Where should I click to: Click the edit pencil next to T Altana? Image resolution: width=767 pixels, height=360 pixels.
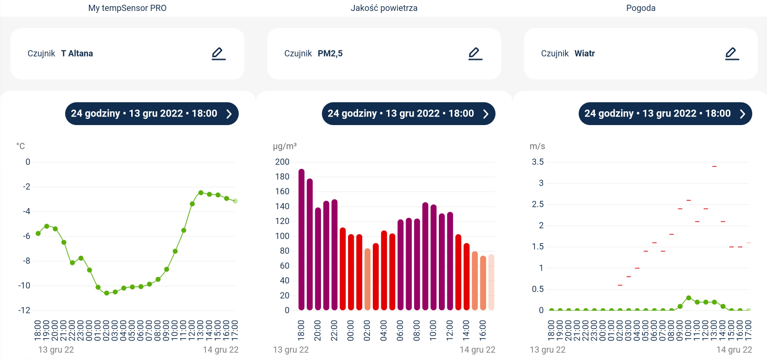[x=218, y=54]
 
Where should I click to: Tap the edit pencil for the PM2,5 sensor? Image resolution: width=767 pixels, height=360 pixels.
[x=475, y=54]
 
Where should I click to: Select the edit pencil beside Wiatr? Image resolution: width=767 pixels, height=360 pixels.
[x=732, y=54]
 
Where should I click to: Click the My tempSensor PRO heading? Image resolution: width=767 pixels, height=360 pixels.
[x=127, y=8]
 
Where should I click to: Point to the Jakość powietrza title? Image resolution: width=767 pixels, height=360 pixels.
[x=384, y=8]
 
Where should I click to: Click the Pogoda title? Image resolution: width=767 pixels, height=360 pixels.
[x=641, y=8]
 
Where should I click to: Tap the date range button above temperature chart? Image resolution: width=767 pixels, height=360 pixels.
[x=152, y=114]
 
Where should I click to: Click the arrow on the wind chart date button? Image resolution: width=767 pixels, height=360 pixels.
[x=742, y=114]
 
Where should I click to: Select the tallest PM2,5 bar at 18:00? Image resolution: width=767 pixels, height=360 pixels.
[x=301, y=239]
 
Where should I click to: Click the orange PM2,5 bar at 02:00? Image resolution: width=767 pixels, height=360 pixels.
[x=368, y=279]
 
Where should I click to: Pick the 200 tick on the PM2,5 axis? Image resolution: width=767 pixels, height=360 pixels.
[x=282, y=162]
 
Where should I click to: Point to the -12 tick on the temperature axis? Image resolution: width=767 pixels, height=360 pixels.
[x=24, y=311]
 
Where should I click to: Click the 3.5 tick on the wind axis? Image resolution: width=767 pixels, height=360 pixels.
[x=538, y=162]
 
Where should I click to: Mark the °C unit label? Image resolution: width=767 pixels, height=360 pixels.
[x=20, y=146]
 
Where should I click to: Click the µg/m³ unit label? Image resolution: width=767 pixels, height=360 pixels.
[x=285, y=146]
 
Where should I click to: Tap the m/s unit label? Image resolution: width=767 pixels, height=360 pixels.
[x=537, y=146]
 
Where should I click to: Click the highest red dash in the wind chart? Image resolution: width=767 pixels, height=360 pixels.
[x=714, y=166]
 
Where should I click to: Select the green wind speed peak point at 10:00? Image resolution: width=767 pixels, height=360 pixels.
[x=689, y=298]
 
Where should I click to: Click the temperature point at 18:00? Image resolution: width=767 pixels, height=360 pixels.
[x=38, y=234]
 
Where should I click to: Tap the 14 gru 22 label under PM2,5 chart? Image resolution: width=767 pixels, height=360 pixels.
[x=477, y=350]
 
